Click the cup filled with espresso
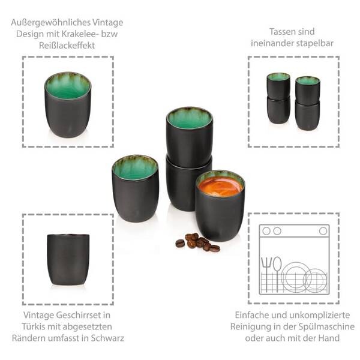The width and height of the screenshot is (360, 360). pos(220,205)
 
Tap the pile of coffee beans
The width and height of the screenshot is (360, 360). pos(197,242)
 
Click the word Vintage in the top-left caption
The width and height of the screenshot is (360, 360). pos(107,23)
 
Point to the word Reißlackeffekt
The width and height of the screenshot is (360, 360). pos(67,46)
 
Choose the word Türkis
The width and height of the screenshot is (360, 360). pos(34,326)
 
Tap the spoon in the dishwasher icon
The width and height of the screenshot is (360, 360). pos(277,273)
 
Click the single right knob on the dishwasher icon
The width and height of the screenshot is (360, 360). pos(323,231)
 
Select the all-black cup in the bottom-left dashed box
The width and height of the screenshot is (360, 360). pos(68,260)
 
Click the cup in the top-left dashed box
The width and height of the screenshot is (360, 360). pos(68,105)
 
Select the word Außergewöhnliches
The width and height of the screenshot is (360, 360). pos(50,23)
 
